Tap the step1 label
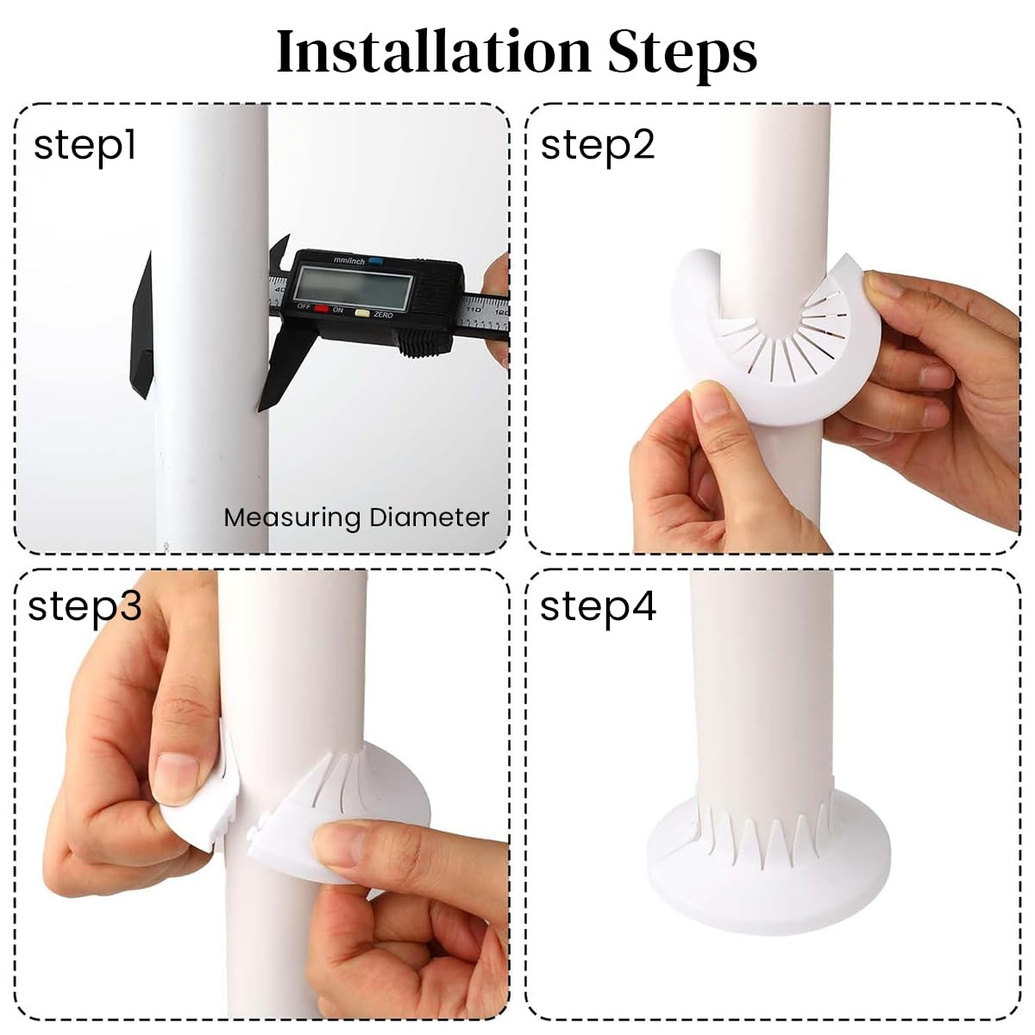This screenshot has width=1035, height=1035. click(85, 147)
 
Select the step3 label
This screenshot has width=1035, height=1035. click(85, 606)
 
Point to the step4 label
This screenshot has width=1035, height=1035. click(598, 606)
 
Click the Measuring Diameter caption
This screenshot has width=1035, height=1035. click(356, 517)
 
